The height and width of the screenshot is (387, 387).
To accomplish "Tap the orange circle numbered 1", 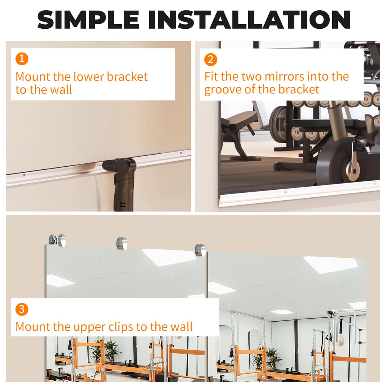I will [22, 59].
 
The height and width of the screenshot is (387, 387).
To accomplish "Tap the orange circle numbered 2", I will [211, 59].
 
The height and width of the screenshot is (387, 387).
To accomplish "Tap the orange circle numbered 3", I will [22, 310].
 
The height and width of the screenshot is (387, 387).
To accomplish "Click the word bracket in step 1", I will [127, 77].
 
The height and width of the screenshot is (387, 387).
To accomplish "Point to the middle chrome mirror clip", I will [122, 244].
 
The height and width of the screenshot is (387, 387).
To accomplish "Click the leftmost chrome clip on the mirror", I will [61, 240].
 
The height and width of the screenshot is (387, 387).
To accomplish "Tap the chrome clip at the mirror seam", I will [200, 250].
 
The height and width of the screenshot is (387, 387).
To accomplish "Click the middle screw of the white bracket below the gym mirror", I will [286, 192].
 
